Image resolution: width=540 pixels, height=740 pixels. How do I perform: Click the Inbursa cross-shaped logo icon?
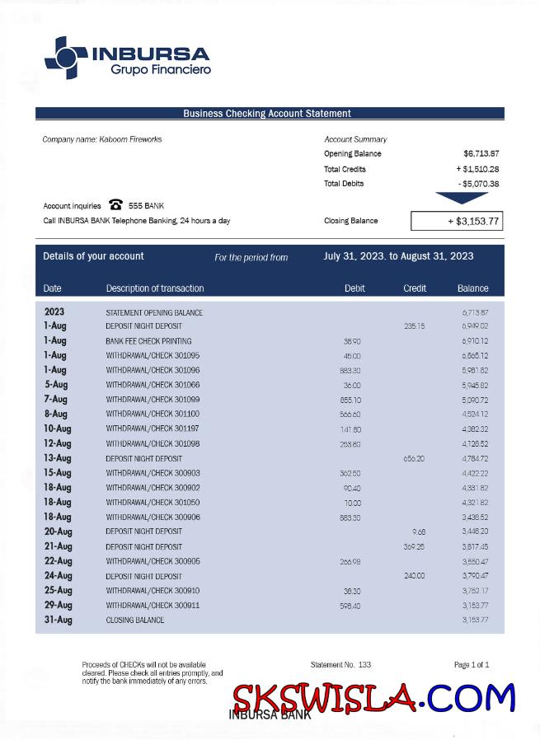coord(65,58)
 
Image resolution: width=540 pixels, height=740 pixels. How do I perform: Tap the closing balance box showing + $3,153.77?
coord(456,221)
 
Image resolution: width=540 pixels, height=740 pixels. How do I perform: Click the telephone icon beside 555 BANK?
coord(115,205)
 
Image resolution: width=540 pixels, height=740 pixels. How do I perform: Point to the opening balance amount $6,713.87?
coord(481,153)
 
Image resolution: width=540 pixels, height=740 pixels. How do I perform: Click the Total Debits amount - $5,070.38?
coord(477,184)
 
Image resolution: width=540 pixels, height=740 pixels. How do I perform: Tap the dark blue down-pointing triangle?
coord(462,198)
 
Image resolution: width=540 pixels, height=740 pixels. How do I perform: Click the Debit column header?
coord(355,288)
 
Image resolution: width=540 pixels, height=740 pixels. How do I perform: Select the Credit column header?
coord(415,288)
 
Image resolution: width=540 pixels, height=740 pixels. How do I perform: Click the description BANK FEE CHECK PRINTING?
coord(148,341)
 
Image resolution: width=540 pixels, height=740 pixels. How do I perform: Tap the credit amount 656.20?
coord(414,458)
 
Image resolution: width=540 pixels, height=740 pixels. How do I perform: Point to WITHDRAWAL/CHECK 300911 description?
coord(153,606)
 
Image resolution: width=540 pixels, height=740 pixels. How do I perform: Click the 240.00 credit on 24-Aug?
coord(414,576)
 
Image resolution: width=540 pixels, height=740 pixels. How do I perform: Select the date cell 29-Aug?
coord(58,606)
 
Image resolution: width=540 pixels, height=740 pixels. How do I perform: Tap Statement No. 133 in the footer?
coord(340,664)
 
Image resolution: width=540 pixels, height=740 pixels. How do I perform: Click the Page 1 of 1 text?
coord(472,664)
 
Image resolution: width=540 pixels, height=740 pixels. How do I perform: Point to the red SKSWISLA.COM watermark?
coord(373,699)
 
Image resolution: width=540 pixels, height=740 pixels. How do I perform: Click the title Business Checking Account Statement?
coord(267,114)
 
